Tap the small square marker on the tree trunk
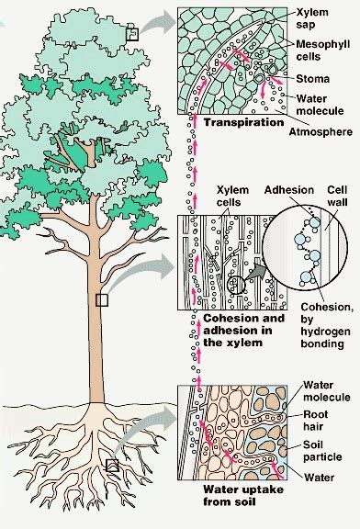pyautogui.click(x=103, y=299)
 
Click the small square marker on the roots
pyautogui.click(x=111, y=466)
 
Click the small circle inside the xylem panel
pyautogui.click(x=238, y=285)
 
